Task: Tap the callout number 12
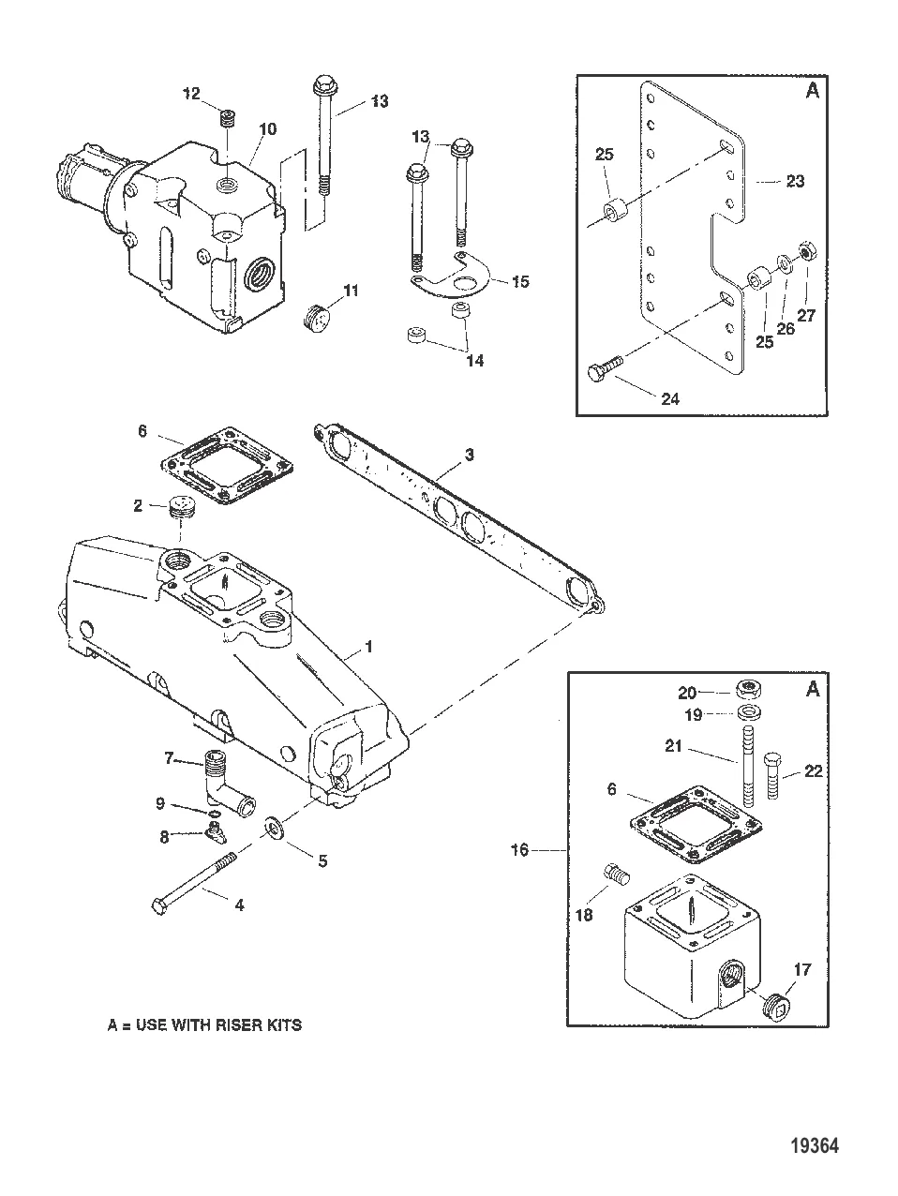(x=191, y=93)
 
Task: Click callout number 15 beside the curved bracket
(x=519, y=280)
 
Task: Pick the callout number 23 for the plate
(x=795, y=182)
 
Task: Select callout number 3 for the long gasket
(x=470, y=455)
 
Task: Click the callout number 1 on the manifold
(x=368, y=647)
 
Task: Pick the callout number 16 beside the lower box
(x=519, y=850)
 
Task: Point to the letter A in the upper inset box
(x=813, y=91)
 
